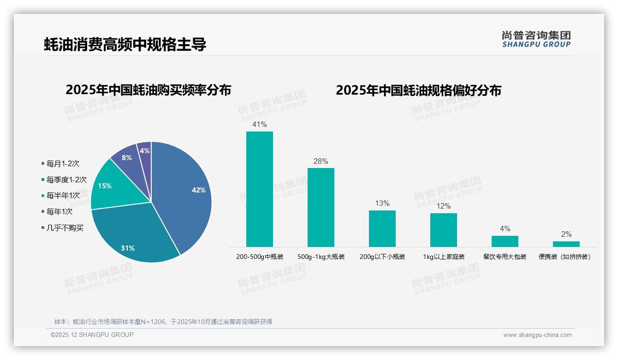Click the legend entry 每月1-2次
(63, 163)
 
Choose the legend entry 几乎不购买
(65, 228)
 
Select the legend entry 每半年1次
(63, 196)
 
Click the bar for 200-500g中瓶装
(259, 189)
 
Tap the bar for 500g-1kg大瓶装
(321, 207)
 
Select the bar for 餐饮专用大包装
(505, 241)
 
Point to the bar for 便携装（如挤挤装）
(566, 244)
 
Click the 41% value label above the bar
(259, 125)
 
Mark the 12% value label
(443, 206)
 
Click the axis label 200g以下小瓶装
(382, 257)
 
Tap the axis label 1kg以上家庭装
(444, 257)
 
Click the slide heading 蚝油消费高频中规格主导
(125, 44)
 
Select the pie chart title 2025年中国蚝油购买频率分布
(148, 90)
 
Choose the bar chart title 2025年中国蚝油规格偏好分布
(418, 90)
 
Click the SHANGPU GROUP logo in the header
(536, 39)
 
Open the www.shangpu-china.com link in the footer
(537, 335)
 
